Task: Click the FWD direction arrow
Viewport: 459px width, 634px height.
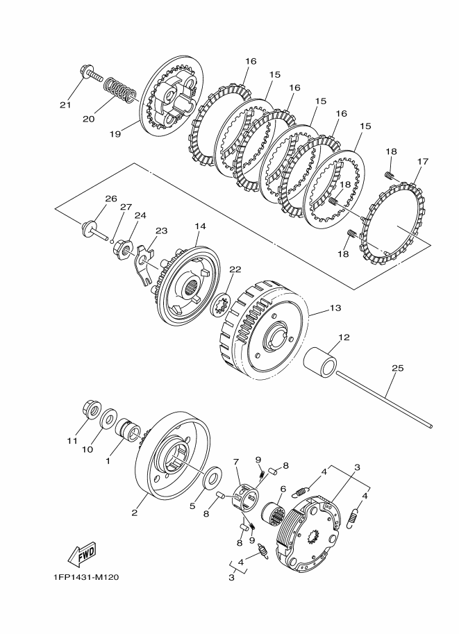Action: (82, 553)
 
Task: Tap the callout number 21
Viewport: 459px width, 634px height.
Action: (65, 105)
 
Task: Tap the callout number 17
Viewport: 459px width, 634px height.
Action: (422, 161)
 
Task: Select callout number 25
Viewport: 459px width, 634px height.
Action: (397, 368)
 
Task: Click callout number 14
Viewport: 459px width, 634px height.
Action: (201, 226)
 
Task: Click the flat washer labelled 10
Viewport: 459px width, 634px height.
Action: (109, 419)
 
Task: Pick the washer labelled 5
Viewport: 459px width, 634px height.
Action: (211, 478)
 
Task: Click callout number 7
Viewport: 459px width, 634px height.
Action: (236, 461)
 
